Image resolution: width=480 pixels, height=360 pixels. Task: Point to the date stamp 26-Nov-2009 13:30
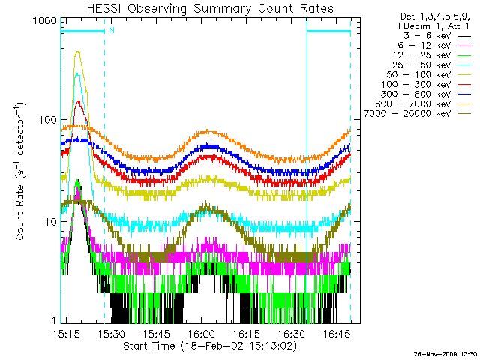tap(445, 353)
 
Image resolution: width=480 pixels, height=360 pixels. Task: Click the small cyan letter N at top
tap(111, 30)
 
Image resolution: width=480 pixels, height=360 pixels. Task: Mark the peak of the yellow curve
tap(78, 52)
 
